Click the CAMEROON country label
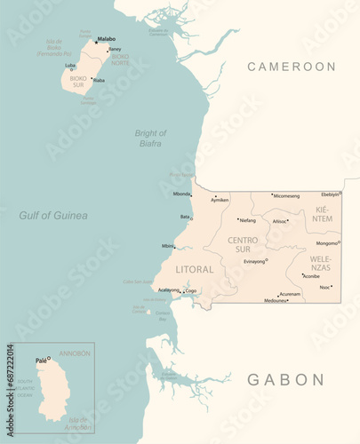click(x=292, y=67)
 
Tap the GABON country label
click(x=285, y=379)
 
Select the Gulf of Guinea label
click(x=53, y=215)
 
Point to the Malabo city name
click(x=106, y=39)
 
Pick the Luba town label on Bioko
click(x=70, y=65)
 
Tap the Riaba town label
click(x=99, y=80)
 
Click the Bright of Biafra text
click(x=150, y=138)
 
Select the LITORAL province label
click(x=195, y=269)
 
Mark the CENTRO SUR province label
click(x=244, y=244)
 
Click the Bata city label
click(x=185, y=216)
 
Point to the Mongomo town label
click(x=326, y=242)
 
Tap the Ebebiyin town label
click(x=330, y=194)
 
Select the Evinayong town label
click(x=254, y=261)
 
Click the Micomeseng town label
click(x=286, y=195)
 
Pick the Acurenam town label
click(x=290, y=294)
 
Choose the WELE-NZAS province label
click(x=320, y=263)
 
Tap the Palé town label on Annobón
click(x=41, y=361)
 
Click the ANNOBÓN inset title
click(x=75, y=353)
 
